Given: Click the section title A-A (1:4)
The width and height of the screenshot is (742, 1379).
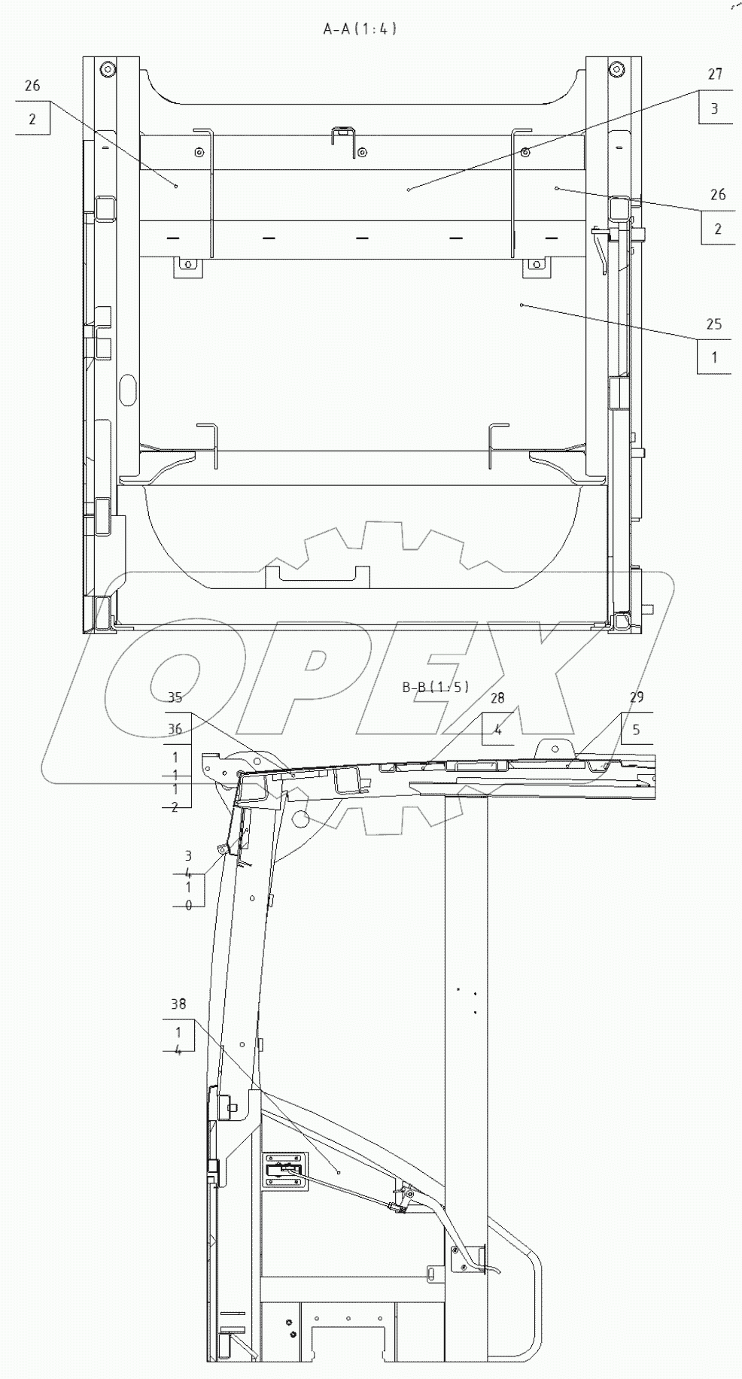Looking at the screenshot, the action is tap(360, 29).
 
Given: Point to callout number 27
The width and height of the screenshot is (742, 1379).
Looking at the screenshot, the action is tap(715, 74).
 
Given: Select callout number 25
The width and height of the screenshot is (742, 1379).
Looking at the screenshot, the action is tap(713, 324).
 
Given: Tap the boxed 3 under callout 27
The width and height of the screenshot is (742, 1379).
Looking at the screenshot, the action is tap(715, 108).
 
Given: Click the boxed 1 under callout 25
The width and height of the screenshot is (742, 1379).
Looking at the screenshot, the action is tap(714, 357).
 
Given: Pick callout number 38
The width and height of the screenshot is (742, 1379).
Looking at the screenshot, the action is tap(178, 1004).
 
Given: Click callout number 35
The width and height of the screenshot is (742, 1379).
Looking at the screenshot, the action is tap(175, 697).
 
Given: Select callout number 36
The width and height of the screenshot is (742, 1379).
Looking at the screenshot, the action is tap(175, 729).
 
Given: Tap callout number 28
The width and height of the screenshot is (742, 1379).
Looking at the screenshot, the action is tap(497, 698).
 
